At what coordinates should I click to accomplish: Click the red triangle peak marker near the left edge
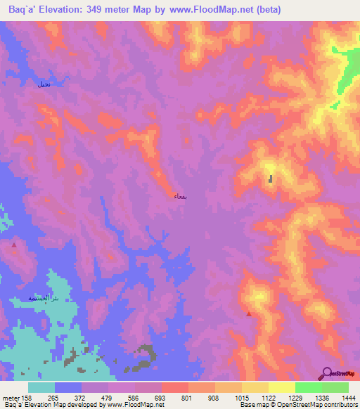[15, 245]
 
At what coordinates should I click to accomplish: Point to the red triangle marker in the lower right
[248, 314]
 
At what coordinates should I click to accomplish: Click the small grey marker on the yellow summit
[271, 179]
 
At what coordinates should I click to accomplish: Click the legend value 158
[27, 398]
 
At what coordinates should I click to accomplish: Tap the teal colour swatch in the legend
[41, 387]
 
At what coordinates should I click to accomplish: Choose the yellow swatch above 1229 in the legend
[282, 387]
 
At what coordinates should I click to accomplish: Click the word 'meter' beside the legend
[11, 398]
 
